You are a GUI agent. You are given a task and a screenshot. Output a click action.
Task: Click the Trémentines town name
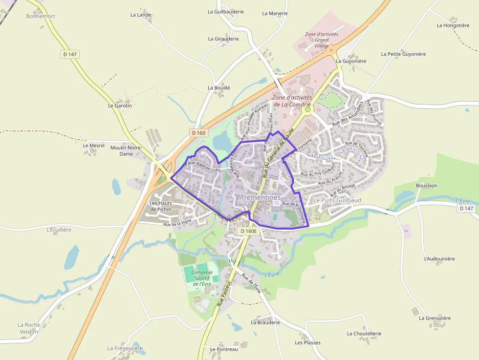click(x=261, y=197)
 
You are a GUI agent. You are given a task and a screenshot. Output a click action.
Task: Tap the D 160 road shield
click(x=199, y=132)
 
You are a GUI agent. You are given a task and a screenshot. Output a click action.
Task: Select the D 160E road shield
click(x=249, y=231)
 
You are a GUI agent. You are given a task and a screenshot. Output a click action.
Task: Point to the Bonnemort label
click(x=41, y=16)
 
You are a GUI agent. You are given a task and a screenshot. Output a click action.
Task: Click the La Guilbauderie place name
click(x=225, y=11)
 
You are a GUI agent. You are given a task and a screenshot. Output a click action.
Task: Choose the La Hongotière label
click(x=453, y=25)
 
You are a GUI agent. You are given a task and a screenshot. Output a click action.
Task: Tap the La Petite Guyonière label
click(x=403, y=54)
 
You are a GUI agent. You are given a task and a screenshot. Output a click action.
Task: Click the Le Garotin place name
click(x=120, y=106)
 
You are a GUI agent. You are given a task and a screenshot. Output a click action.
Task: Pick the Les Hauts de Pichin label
click(x=160, y=206)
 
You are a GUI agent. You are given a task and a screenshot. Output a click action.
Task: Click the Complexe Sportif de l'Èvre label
click(x=202, y=278)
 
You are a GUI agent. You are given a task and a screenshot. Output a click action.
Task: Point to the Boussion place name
click(x=426, y=186)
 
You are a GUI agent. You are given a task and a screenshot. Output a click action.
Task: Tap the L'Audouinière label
click(x=439, y=258)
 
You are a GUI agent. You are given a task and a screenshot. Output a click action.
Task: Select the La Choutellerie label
click(x=364, y=334)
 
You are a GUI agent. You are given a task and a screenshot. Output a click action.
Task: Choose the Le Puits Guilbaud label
click(x=337, y=200)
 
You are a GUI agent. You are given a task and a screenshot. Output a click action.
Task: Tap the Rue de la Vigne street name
click(x=177, y=224)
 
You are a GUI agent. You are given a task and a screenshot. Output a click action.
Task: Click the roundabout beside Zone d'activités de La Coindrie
click(x=307, y=110)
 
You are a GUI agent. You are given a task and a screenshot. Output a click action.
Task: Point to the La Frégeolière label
click(x=125, y=348)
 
